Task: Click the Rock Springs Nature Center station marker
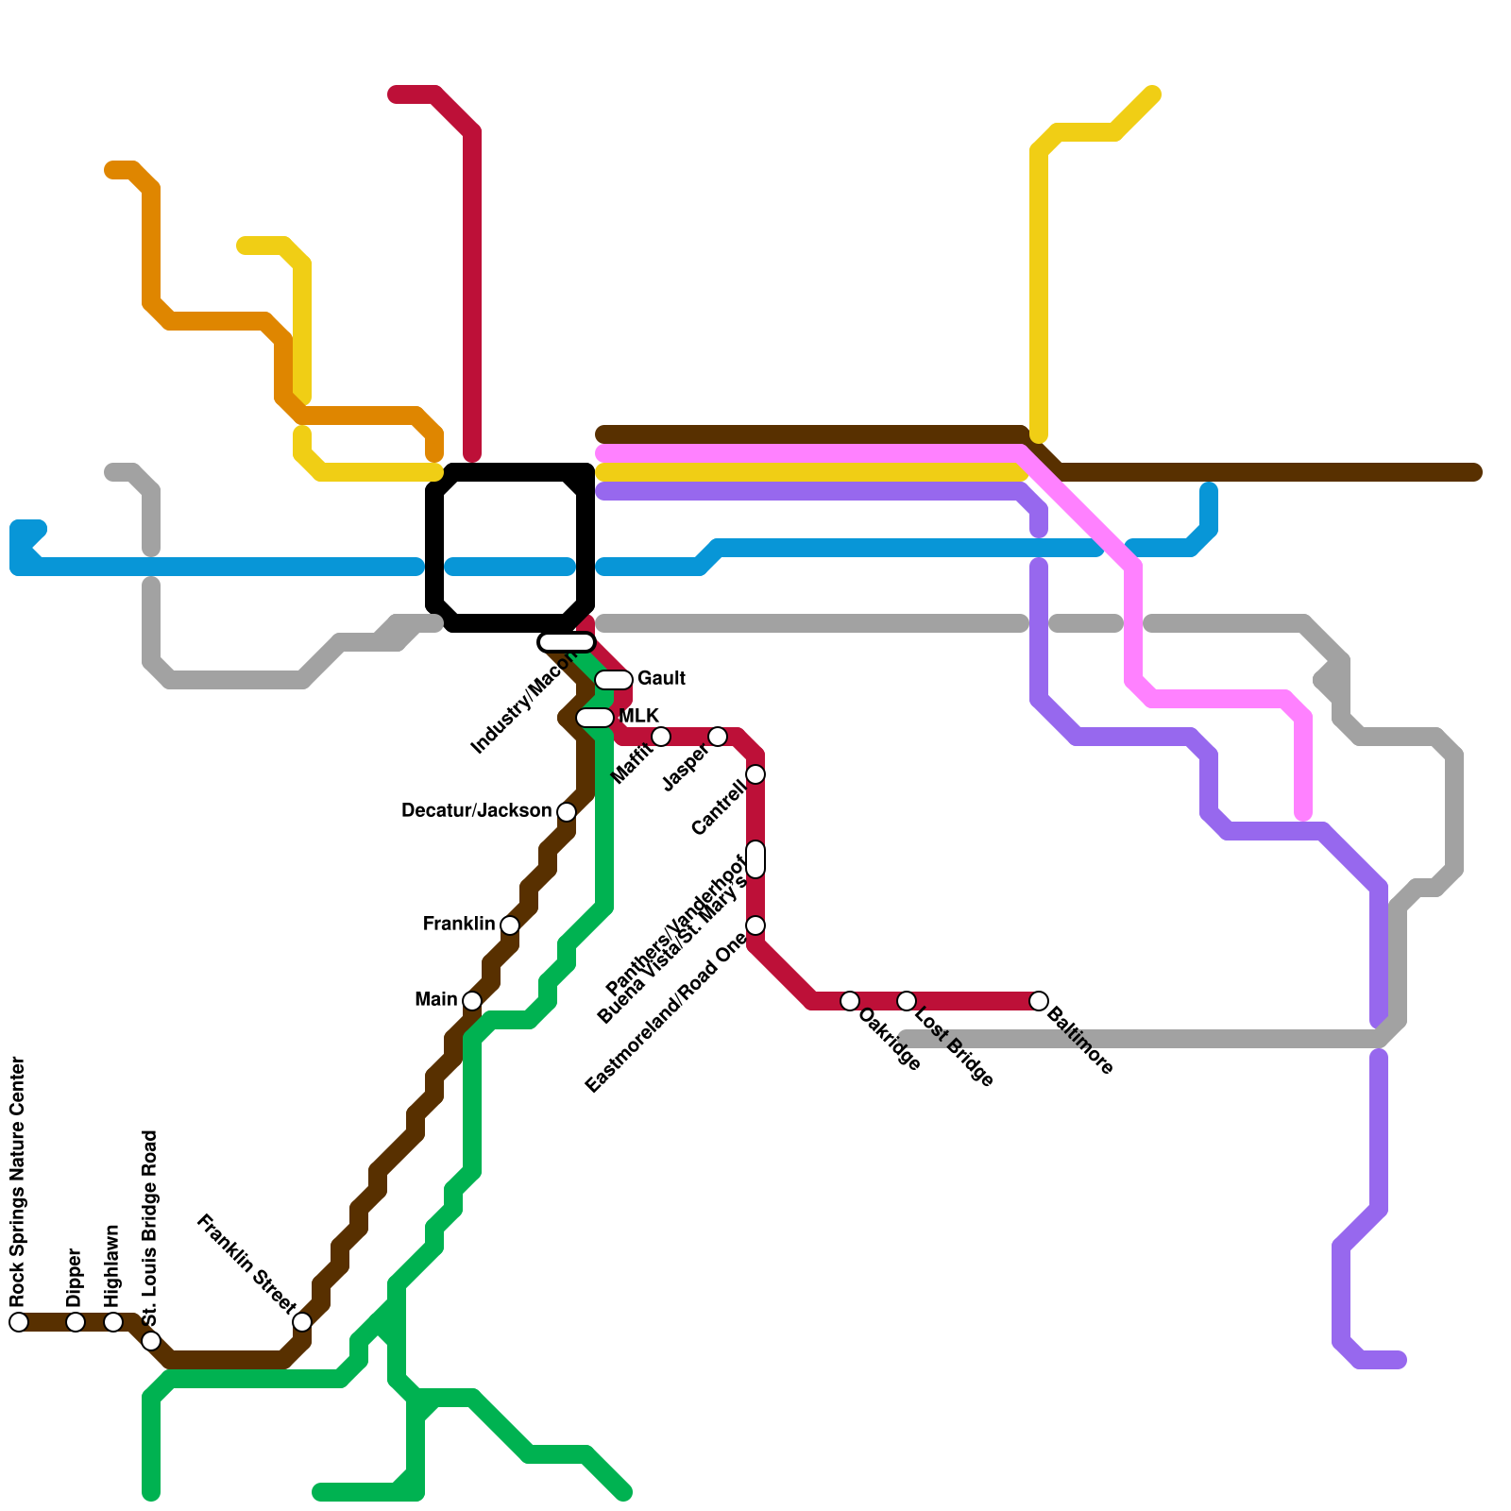tap(19, 1322)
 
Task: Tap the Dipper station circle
tap(76, 1322)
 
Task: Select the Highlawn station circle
tap(113, 1322)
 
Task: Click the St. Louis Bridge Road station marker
tap(151, 1341)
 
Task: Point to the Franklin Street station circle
tap(302, 1322)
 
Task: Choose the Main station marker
tap(472, 1001)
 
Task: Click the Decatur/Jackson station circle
tap(567, 812)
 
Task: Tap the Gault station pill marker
tap(614, 680)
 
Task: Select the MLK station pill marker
tap(595, 718)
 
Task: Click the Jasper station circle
tap(718, 737)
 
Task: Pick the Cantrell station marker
tap(755, 774)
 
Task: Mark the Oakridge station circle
tap(850, 1001)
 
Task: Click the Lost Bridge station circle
tap(907, 1001)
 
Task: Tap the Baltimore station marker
tap(1039, 1001)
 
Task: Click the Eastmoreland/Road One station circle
tap(755, 925)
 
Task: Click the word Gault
tap(661, 679)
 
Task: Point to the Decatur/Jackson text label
tap(476, 811)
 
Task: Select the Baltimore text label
tap(1080, 1043)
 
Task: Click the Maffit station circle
tap(661, 737)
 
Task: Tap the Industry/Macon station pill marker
tap(567, 642)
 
